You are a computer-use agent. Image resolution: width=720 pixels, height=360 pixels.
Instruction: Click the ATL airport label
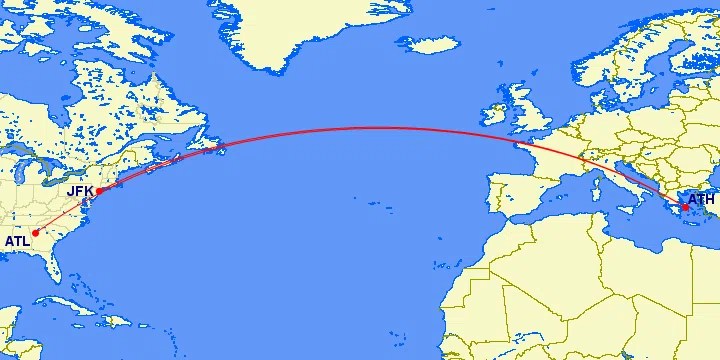(16, 241)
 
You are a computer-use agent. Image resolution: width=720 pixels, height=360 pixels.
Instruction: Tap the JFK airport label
(79, 190)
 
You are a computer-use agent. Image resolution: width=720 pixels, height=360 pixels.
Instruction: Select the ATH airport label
(701, 200)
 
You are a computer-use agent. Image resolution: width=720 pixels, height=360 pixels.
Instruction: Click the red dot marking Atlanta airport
(35, 233)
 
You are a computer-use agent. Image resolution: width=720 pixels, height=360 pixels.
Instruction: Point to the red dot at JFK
(98, 191)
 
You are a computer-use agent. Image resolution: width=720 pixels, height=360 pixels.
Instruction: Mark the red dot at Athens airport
(685, 207)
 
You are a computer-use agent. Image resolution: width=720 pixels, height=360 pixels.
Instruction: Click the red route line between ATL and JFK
(66, 212)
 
